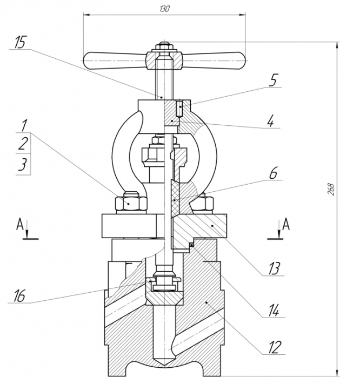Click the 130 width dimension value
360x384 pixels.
164,9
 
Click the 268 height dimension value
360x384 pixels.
331,189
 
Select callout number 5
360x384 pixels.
273,80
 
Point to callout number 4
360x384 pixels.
271,121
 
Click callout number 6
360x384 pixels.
273,173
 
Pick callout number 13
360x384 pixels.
274,268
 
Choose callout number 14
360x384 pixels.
274,311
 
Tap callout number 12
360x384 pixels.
274,347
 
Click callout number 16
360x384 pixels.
19,295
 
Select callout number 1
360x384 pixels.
24,125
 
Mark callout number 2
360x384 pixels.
23,144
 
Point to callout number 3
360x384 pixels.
23,164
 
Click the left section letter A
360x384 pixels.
20,224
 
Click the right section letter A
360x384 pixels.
286,224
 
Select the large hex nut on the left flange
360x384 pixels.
131,203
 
